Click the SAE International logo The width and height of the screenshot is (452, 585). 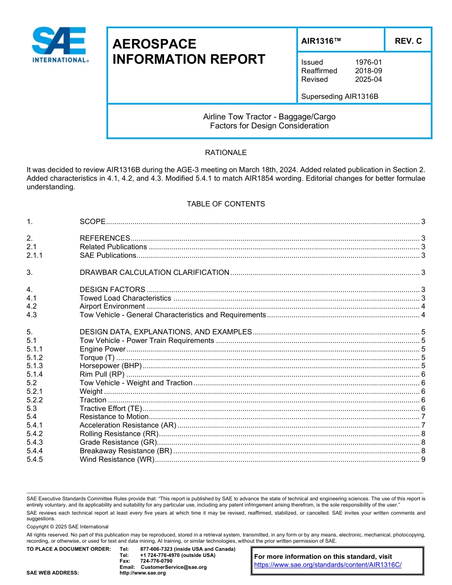click(x=59, y=45)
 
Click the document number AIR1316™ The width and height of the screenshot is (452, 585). click(x=321, y=41)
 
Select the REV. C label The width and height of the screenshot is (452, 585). click(x=408, y=41)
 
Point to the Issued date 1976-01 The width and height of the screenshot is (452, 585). click(x=368, y=62)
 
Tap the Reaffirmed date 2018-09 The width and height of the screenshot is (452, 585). click(x=368, y=71)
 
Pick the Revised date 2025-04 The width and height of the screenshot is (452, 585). click(x=368, y=79)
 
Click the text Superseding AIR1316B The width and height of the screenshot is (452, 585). click(x=339, y=97)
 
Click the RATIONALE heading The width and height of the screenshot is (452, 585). click(x=226, y=153)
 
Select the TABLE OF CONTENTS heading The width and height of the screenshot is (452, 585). click(x=226, y=204)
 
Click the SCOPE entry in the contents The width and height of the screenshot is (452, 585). click(x=92, y=221)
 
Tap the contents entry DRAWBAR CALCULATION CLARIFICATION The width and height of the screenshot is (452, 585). click(x=154, y=273)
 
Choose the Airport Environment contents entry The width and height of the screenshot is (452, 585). click(x=112, y=306)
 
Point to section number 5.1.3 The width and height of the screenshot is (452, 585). click(x=35, y=366)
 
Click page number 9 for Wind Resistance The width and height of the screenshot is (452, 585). click(x=423, y=459)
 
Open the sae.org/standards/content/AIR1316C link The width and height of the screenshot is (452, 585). click(x=328, y=565)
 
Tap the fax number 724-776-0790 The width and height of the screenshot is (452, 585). click(x=156, y=561)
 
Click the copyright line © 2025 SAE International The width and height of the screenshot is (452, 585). click(x=68, y=526)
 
